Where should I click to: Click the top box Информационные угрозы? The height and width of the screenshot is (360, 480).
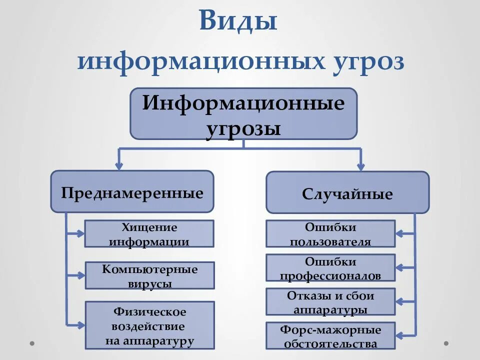(243, 113)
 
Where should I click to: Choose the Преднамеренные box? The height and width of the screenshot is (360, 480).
(132, 191)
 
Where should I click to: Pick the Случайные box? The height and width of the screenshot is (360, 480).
(347, 192)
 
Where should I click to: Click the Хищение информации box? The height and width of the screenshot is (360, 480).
(149, 233)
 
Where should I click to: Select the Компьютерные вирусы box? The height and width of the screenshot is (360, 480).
(149, 275)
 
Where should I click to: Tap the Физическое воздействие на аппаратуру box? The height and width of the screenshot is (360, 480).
(149, 325)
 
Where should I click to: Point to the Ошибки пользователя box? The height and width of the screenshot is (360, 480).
(330, 233)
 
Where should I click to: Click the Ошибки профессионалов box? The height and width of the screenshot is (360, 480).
(330, 267)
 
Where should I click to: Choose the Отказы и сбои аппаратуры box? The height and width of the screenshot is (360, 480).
(330, 301)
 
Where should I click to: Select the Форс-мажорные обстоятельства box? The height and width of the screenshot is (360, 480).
(330, 335)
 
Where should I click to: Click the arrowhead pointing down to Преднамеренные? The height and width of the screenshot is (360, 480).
(119, 165)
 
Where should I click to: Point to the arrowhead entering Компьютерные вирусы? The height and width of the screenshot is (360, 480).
(80, 275)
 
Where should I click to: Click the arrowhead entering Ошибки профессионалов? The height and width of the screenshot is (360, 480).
(400, 267)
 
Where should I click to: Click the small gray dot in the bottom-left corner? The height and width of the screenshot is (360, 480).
(32, 343)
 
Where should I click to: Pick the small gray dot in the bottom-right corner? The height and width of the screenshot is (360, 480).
(446, 343)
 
